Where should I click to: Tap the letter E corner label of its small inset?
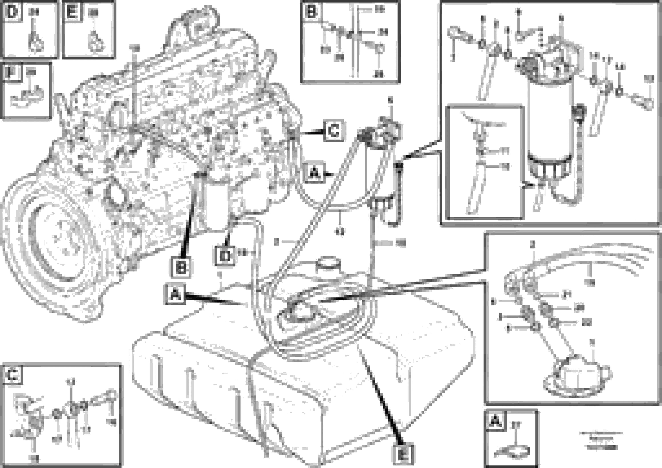(72, 12)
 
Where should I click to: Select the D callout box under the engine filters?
(224, 256)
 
